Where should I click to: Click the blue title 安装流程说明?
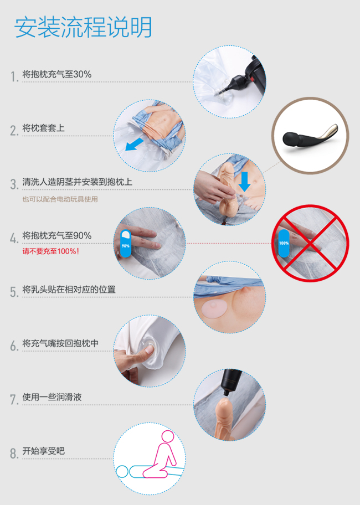point(83,27)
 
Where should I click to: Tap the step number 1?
point(14,76)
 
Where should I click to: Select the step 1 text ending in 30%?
point(56,74)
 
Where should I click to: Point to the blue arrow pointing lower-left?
point(134,145)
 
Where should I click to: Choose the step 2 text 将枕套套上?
point(43,128)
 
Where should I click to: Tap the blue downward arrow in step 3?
point(244,181)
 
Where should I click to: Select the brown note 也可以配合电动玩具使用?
point(60,199)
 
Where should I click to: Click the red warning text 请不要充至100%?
point(50,251)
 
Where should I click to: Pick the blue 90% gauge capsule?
point(126,244)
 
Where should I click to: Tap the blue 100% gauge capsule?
point(284,243)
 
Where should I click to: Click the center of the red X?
point(310,244)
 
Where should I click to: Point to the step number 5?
point(14,292)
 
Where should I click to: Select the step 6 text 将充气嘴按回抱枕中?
point(60,343)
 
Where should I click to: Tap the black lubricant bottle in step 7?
point(231,382)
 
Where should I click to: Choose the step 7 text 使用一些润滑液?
point(52,397)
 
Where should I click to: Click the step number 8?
point(14,454)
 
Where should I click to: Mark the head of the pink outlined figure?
point(168,437)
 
